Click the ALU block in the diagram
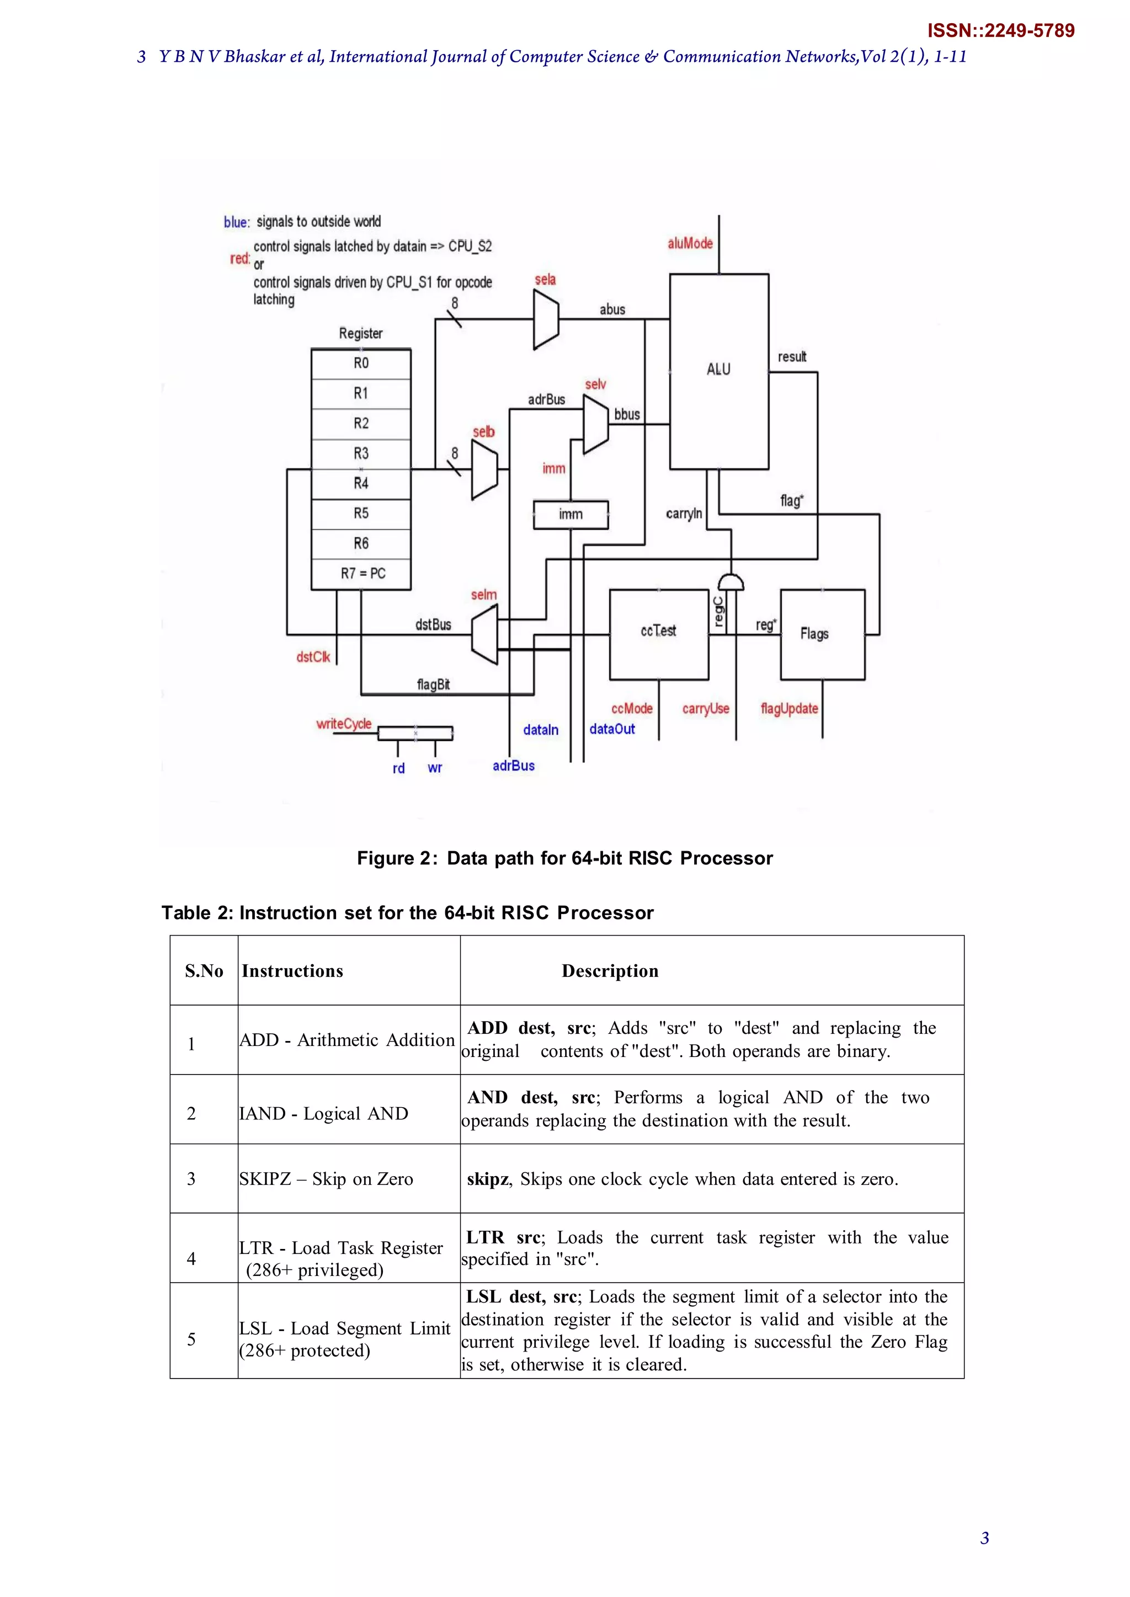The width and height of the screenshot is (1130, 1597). tap(719, 371)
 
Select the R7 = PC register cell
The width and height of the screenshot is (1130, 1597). tap(361, 574)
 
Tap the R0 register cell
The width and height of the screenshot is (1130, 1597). tap(361, 363)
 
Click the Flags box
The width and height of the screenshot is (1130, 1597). tap(823, 634)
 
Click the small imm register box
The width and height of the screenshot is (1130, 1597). tap(571, 515)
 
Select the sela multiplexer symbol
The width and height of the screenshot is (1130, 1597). tap(546, 319)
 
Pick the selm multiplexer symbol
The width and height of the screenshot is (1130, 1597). tap(485, 634)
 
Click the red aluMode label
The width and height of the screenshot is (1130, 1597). tap(690, 243)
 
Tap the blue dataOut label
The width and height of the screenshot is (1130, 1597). tap(612, 729)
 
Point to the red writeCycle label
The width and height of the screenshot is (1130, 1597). tap(344, 724)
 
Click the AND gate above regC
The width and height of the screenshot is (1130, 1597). tap(731, 581)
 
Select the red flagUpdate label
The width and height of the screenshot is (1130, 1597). tap(789, 709)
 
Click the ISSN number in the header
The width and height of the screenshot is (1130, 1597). tap(1000, 30)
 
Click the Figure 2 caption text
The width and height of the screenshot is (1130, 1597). tap(564, 858)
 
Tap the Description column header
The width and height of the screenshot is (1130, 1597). tap(610, 971)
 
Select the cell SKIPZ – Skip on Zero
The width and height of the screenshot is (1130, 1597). tap(326, 1179)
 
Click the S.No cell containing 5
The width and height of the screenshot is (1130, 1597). tap(191, 1339)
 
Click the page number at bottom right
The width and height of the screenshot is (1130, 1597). tap(984, 1538)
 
